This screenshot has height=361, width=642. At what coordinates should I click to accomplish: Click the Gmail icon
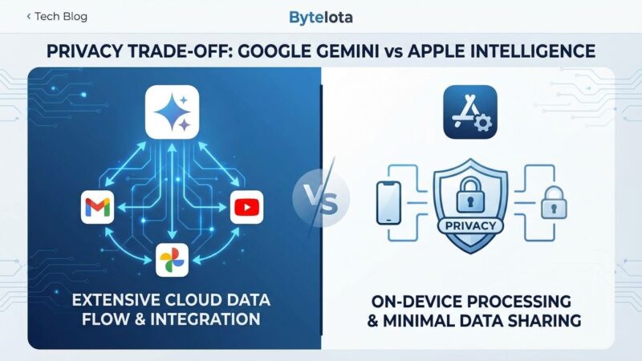point(95,208)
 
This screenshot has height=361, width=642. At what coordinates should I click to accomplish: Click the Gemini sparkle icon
point(172,112)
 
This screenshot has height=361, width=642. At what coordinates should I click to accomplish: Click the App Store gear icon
point(470,112)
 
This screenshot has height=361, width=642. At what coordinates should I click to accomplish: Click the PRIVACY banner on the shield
point(470,225)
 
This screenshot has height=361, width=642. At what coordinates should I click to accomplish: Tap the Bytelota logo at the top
point(320,17)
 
